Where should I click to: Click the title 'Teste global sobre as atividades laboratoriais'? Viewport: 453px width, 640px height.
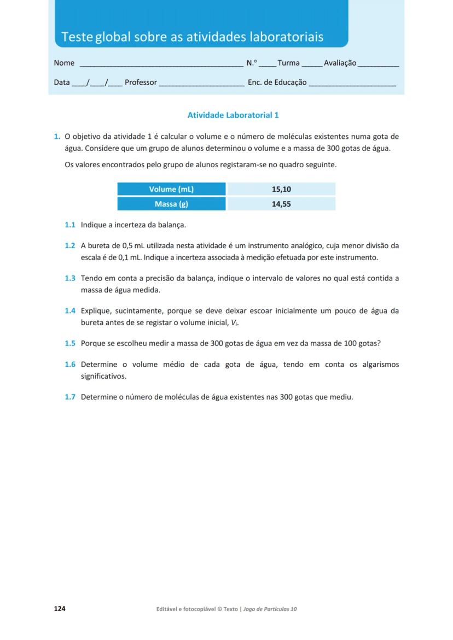[x=192, y=37]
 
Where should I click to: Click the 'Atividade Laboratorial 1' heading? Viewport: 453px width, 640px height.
[x=233, y=115]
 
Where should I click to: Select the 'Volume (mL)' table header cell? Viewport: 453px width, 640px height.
[x=171, y=189]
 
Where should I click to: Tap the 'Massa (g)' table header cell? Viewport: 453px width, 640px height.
[x=171, y=204]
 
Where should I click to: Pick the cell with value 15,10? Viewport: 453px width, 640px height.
[x=281, y=189]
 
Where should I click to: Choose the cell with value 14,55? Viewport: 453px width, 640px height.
[x=281, y=204]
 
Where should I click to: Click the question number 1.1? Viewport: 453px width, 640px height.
[x=69, y=225]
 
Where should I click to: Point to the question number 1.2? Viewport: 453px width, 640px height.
[x=69, y=246]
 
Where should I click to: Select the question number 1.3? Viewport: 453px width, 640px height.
[x=69, y=278]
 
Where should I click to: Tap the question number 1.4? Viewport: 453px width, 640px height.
[x=69, y=311]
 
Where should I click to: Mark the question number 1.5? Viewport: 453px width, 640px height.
[x=69, y=344]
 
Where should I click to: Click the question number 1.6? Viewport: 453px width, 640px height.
[x=69, y=365]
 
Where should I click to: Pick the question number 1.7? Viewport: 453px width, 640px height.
[x=69, y=397]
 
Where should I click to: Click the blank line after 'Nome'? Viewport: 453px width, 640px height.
[x=161, y=64]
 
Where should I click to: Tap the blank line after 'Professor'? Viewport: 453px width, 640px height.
[x=201, y=84]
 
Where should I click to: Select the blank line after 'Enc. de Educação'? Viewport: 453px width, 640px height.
[x=352, y=84]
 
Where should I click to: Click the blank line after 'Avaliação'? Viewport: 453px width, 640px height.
[x=378, y=64]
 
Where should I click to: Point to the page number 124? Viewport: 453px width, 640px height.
[x=60, y=609]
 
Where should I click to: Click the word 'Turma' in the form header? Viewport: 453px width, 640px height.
[x=288, y=63]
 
